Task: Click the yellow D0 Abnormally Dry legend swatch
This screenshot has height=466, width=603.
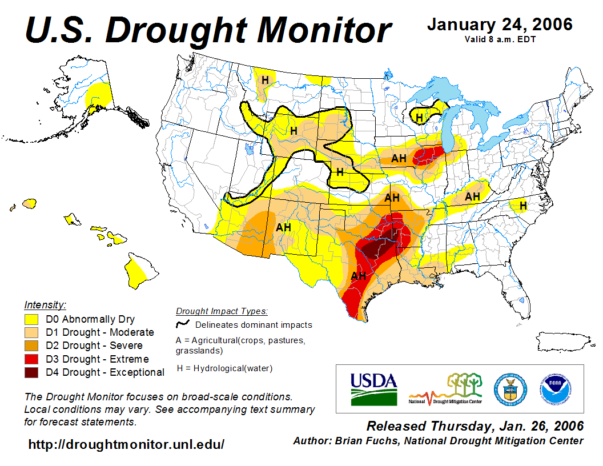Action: (31, 319)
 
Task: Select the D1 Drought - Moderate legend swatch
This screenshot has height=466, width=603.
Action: (31, 332)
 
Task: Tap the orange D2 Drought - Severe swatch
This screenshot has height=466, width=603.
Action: (31, 346)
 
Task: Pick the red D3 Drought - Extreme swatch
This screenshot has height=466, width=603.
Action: (31, 359)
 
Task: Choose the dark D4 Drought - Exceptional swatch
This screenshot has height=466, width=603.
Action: (31, 372)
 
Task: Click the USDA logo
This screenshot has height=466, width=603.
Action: (373, 388)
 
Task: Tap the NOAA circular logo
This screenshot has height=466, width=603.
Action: (553, 388)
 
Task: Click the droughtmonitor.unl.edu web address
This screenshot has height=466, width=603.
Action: (126, 444)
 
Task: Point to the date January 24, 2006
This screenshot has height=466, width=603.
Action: (500, 25)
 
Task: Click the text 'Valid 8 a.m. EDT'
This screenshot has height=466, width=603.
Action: (500, 39)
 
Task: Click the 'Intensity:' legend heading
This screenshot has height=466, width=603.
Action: (45, 304)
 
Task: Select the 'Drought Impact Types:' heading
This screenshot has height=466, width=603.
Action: (222, 311)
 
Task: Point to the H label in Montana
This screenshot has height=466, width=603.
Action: (265, 79)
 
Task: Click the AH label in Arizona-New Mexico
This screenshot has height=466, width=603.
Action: (284, 227)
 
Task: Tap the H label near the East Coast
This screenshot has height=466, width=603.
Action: (522, 205)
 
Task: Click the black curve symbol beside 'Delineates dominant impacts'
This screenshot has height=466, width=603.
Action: (183, 324)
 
